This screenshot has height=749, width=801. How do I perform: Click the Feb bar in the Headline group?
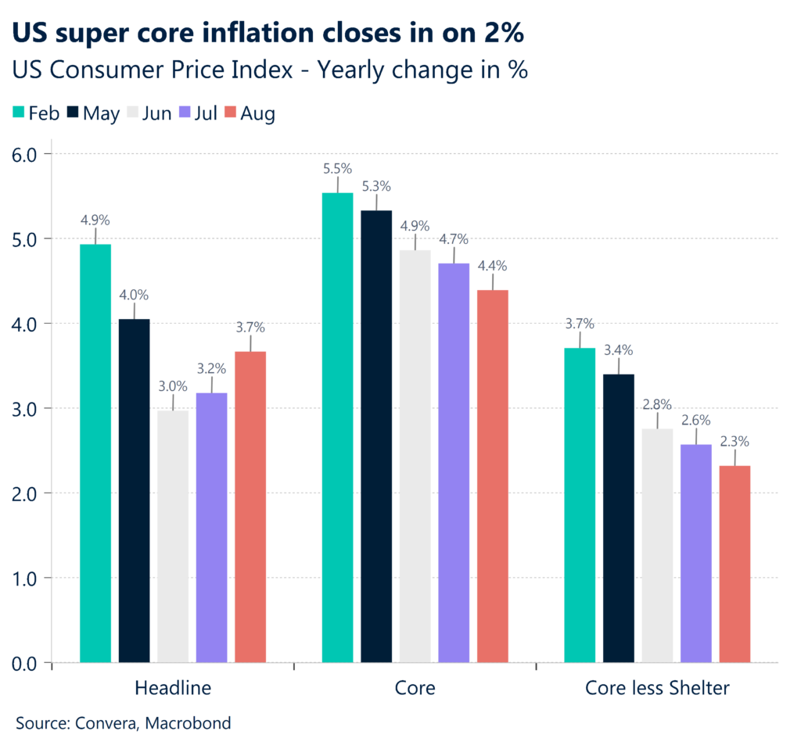[x=95, y=453]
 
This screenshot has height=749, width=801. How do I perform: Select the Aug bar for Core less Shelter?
[x=735, y=564]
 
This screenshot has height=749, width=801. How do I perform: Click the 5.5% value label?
[x=337, y=168]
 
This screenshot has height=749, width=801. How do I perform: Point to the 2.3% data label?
[x=735, y=442]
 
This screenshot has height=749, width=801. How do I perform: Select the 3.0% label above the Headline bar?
[x=173, y=385]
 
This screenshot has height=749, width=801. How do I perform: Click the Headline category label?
[x=172, y=689]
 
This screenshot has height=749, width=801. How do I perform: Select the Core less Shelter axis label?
[x=657, y=689]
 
